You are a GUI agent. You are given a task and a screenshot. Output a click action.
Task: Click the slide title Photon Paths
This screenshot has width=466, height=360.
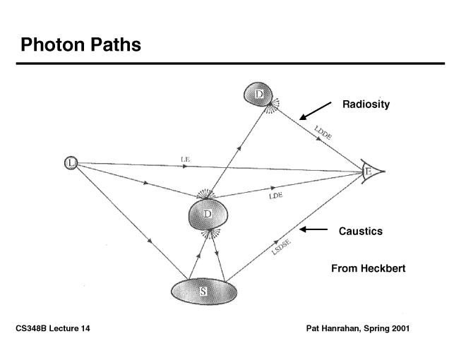click(x=80, y=45)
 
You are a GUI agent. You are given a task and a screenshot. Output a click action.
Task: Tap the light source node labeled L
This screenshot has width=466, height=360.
click(x=71, y=164)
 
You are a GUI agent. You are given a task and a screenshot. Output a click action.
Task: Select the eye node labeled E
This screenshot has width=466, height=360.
click(x=369, y=172)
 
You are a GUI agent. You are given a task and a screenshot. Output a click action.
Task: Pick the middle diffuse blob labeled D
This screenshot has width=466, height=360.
click(x=208, y=214)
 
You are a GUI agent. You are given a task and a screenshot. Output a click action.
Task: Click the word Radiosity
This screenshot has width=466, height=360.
click(x=366, y=104)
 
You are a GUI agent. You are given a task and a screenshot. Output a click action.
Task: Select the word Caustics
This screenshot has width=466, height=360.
click(x=360, y=231)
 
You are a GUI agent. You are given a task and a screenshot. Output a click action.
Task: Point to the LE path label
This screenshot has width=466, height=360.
click(x=185, y=160)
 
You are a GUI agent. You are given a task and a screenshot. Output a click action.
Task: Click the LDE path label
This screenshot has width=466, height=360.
click(x=275, y=196)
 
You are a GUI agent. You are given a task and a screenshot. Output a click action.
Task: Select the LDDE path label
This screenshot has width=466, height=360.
click(x=324, y=131)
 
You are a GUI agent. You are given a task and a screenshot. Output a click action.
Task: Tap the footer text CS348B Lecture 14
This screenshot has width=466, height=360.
click(x=53, y=329)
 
